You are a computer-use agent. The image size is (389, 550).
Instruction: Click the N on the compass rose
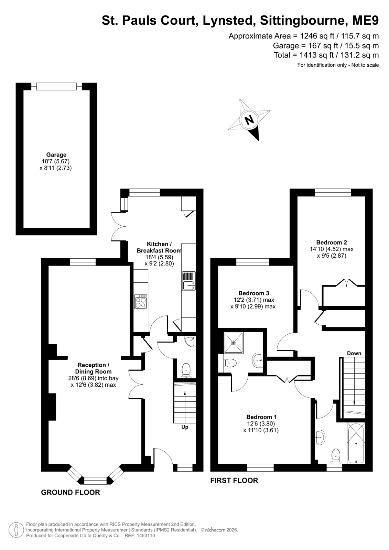click(x=249, y=120)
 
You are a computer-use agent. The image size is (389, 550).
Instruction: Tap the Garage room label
click(x=56, y=155)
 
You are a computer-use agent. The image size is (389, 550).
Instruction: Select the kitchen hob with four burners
click(x=141, y=302)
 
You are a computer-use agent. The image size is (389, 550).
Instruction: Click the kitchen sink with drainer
click(x=188, y=281)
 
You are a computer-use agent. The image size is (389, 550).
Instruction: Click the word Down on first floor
click(x=354, y=353)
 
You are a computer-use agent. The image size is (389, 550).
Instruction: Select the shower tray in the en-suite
click(x=233, y=343)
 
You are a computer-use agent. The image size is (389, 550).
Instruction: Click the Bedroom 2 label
click(x=332, y=242)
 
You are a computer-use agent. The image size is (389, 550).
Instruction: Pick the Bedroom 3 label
click(x=254, y=293)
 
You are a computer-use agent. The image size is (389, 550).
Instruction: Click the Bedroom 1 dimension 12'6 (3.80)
click(x=261, y=423)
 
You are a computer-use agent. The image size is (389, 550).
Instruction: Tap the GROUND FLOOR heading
click(x=71, y=497)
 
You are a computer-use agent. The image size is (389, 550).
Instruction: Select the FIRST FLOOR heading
click(x=234, y=480)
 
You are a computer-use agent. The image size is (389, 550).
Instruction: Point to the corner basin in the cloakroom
click(x=191, y=342)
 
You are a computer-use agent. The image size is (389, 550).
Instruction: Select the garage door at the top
click(x=56, y=86)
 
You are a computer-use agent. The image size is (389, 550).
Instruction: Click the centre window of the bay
click(x=96, y=481)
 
